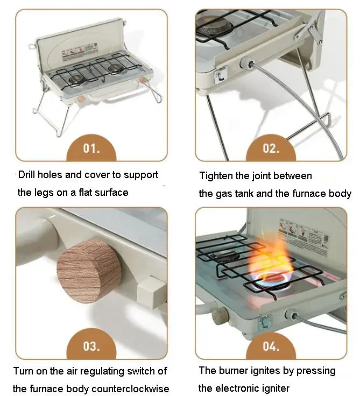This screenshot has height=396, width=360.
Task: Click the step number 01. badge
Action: point(91,148)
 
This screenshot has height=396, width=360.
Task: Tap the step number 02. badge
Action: point(271,148)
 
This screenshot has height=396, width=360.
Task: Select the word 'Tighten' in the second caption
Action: point(217,176)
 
